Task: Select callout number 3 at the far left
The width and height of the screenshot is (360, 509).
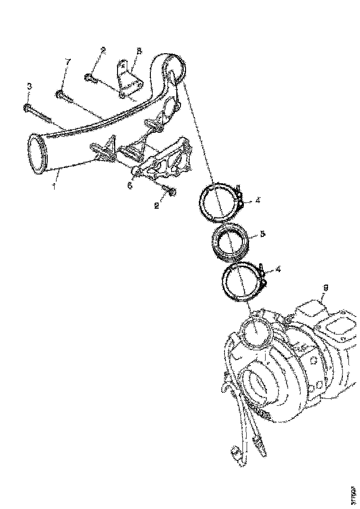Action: [x=29, y=87]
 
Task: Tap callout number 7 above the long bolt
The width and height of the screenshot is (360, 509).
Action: [x=68, y=62]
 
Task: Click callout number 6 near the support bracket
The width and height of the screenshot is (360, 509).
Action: [x=130, y=185]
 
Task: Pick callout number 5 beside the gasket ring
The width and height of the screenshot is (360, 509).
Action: [x=262, y=234]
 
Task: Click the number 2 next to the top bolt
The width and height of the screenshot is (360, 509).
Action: [x=103, y=50]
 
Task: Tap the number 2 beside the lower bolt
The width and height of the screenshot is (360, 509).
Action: [x=157, y=205]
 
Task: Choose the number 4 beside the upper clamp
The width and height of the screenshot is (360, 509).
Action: [x=257, y=201]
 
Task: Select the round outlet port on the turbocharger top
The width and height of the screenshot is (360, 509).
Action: [x=255, y=331]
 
